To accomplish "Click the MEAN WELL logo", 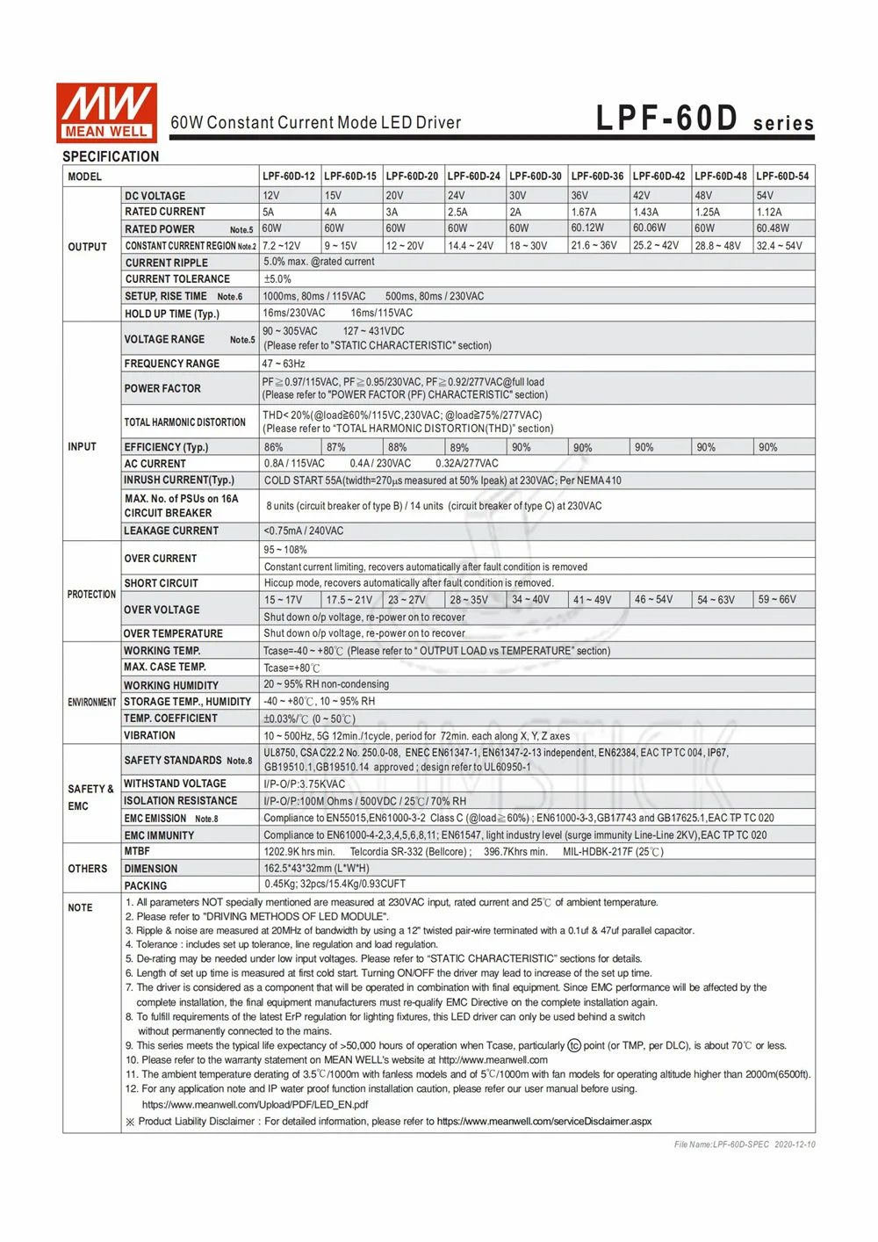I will (106, 112).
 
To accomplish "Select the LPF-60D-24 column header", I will (474, 177).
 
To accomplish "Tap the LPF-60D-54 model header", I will (782, 177).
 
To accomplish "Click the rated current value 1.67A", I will (584, 213).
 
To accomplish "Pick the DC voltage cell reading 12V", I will (271, 196).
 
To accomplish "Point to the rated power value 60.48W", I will (773, 228).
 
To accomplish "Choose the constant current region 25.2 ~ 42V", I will (656, 246).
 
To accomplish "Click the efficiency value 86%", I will (274, 448).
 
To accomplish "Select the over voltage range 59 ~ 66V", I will (777, 600).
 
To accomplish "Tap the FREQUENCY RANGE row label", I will (172, 364).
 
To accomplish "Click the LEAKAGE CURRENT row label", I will (171, 531).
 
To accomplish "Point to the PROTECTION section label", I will (91, 595).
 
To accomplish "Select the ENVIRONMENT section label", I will (91, 703).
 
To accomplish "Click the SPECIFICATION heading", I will (111, 156).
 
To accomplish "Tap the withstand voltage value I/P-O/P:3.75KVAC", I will (305, 784).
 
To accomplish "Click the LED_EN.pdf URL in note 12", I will (255, 1105).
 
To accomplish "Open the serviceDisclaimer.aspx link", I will (544, 1122).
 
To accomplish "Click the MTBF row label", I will (137, 851).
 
